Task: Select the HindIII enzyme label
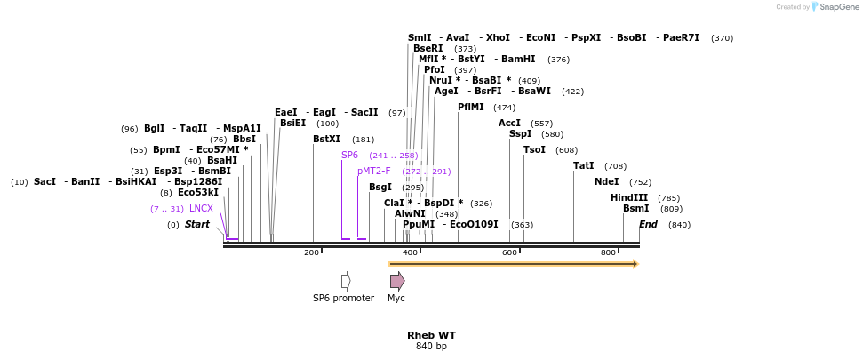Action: pyautogui.click(x=628, y=197)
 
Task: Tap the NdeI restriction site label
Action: pyautogui.click(x=606, y=182)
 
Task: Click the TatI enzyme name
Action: pyautogui.click(x=583, y=166)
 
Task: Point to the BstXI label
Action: pyautogui.click(x=326, y=140)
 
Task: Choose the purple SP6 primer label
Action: pyautogui.click(x=349, y=155)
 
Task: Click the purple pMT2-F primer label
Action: pyautogui.click(x=373, y=171)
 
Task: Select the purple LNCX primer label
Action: pyautogui.click(x=201, y=209)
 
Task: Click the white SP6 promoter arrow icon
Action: pyautogui.click(x=346, y=281)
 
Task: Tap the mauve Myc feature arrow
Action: pyautogui.click(x=397, y=281)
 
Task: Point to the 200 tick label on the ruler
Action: pyautogui.click(x=311, y=253)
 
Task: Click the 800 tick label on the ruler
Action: pyautogui.click(x=609, y=253)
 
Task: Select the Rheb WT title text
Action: pyautogui.click(x=431, y=335)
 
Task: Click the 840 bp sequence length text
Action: pyautogui.click(x=431, y=346)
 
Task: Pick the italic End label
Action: pyautogui.click(x=648, y=224)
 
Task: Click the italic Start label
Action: pyautogui.click(x=196, y=224)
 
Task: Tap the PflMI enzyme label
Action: pyautogui.click(x=470, y=107)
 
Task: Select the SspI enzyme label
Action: pyautogui.click(x=520, y=134)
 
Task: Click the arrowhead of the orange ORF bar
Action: pyautogui.click(x=635, y=264)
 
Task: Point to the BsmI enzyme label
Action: pyautogui.click(x=635, y=208)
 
